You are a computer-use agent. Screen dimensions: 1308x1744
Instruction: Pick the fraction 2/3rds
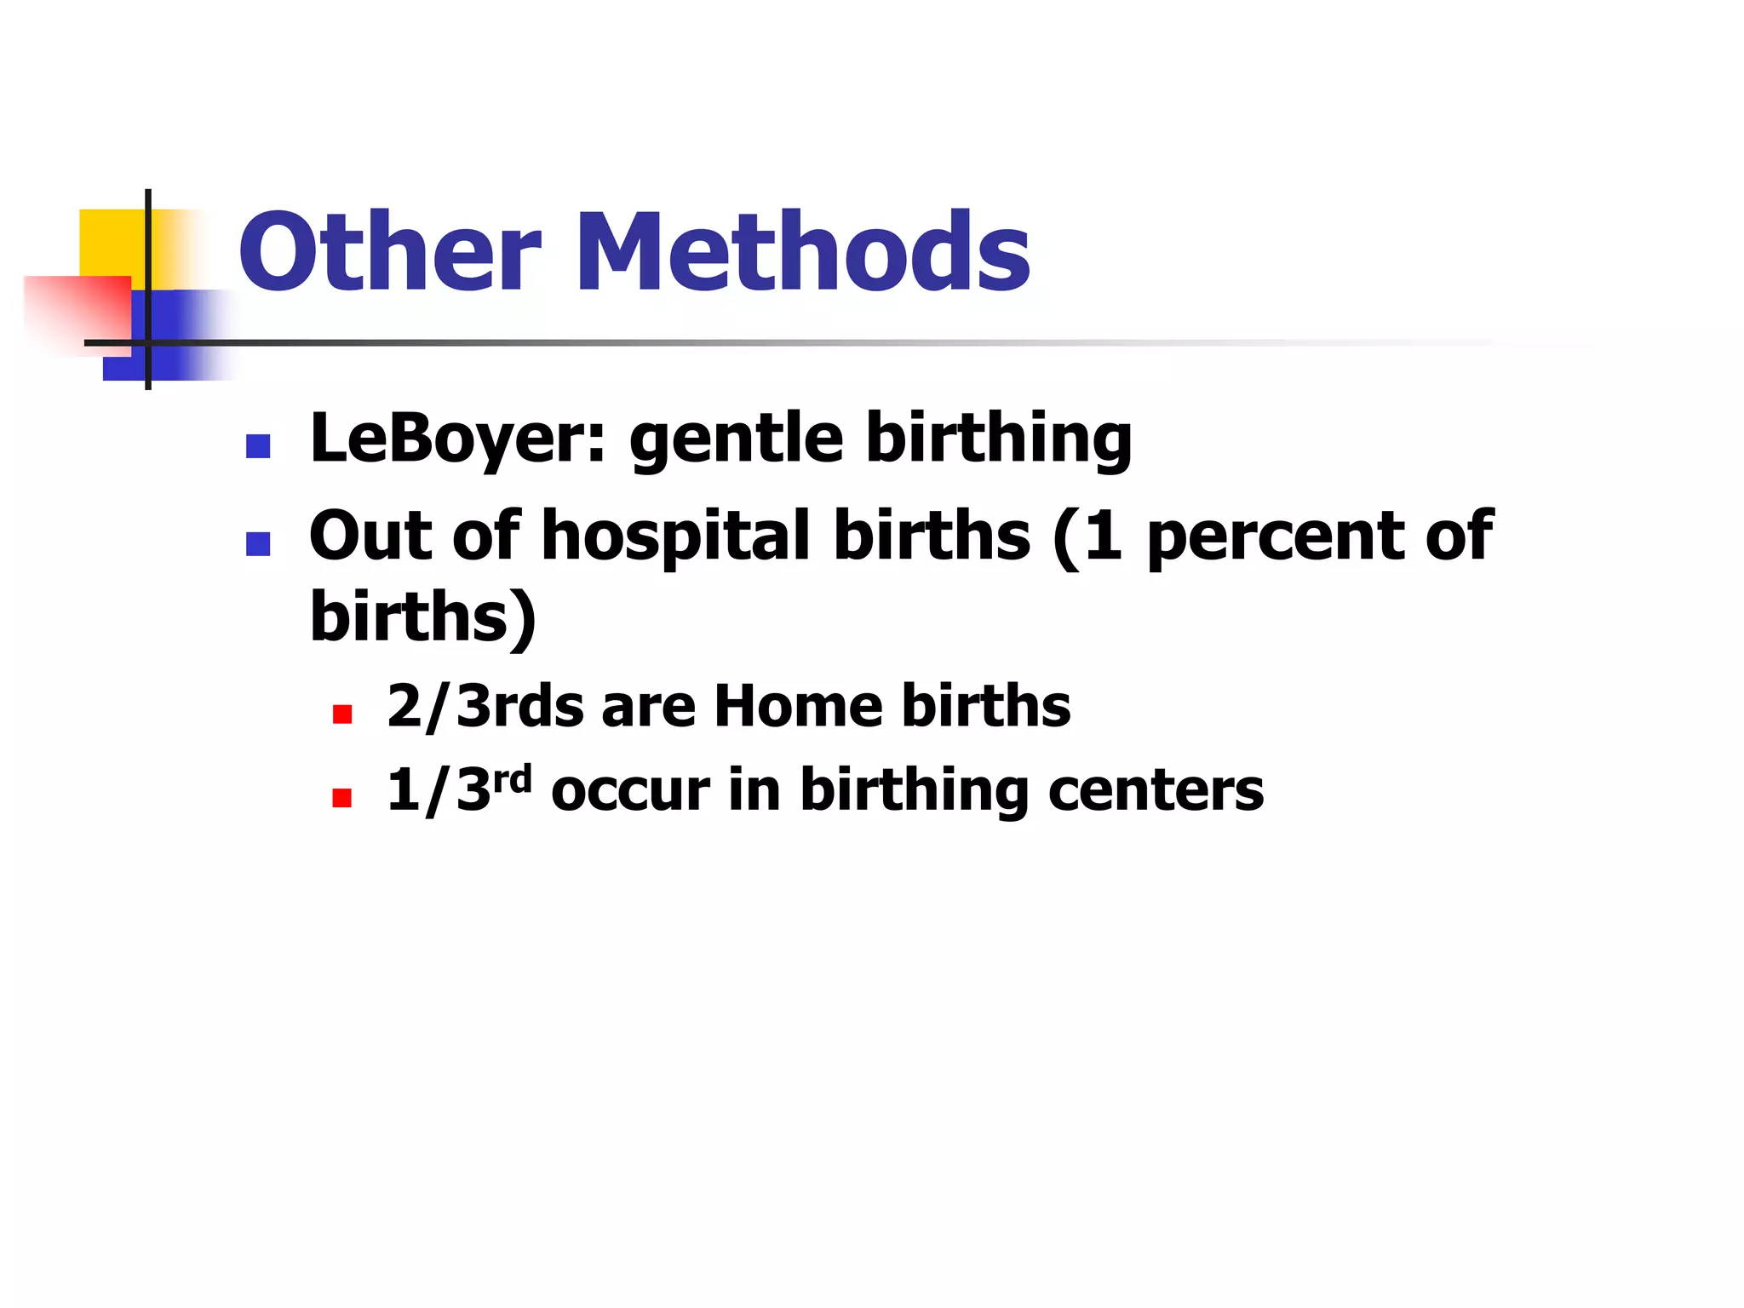click(485, 707)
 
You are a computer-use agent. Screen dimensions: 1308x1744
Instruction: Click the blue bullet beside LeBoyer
click(258, 446)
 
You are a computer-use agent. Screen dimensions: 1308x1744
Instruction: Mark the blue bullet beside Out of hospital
click(258, 543)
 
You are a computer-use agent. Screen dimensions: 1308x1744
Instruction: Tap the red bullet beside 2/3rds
click(342, 714)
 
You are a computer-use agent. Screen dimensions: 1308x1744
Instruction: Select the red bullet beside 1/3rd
click(342, 798)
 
